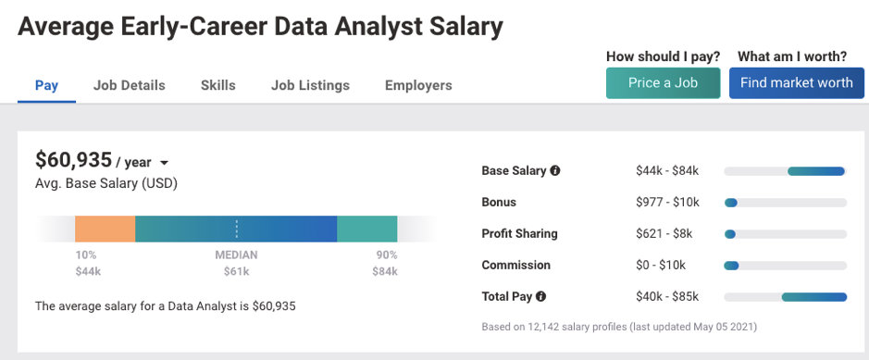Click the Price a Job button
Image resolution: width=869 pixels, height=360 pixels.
pos(663,82)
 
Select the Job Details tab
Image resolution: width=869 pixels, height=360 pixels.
pos(129,85)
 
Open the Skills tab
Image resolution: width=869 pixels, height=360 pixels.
pos(217,85)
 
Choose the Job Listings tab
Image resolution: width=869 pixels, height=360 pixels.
pos(310,85)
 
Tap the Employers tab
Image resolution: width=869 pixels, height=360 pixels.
pos(418,85)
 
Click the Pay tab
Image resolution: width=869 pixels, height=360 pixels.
pos(46,85)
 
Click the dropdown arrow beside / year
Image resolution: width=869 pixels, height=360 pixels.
pos(165,163)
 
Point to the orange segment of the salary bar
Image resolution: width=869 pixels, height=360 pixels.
pos(105,229)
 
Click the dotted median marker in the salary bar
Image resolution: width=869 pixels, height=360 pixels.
pos(236,229)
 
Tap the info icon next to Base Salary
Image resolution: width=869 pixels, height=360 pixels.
pos(555,170)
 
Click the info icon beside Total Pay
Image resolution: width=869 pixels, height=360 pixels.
pos(540,296)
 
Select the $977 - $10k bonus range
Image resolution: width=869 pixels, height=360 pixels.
pos(667,202)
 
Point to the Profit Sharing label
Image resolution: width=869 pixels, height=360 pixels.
pos(519,233)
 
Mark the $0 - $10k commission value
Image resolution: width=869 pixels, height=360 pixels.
pos(661,265)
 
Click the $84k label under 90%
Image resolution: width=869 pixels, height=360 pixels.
pos(387,271)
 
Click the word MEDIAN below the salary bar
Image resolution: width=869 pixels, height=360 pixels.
pos(236,254)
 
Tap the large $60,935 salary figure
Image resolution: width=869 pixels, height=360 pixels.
pos(73,160)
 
